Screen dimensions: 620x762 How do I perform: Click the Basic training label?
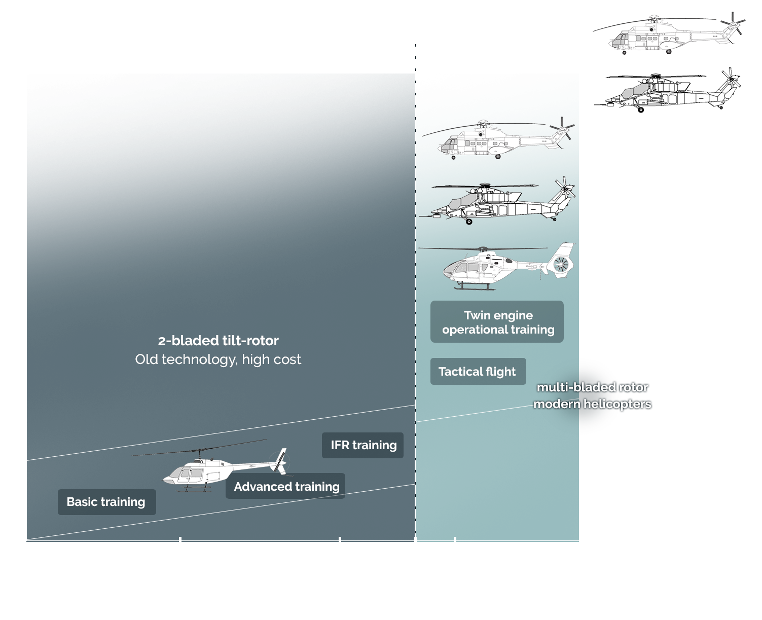(106, 502)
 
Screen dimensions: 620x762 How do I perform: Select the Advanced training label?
(286, 487)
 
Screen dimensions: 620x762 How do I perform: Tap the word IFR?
(340, 445)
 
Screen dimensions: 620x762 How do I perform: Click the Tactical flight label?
(477, 372)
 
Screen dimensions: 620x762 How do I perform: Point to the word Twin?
(477, 315)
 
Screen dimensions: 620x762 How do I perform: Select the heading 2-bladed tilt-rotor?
(219, 341)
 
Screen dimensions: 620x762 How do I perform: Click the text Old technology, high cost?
(218, 359)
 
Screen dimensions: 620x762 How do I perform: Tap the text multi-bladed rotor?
(592, 388)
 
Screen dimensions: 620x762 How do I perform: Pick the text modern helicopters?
(592, 404)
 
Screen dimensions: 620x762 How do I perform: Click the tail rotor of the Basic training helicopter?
(279, 461)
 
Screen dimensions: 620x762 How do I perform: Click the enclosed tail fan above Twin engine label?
(561, 264)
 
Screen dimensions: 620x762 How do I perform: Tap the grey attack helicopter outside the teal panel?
(667, 90)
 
